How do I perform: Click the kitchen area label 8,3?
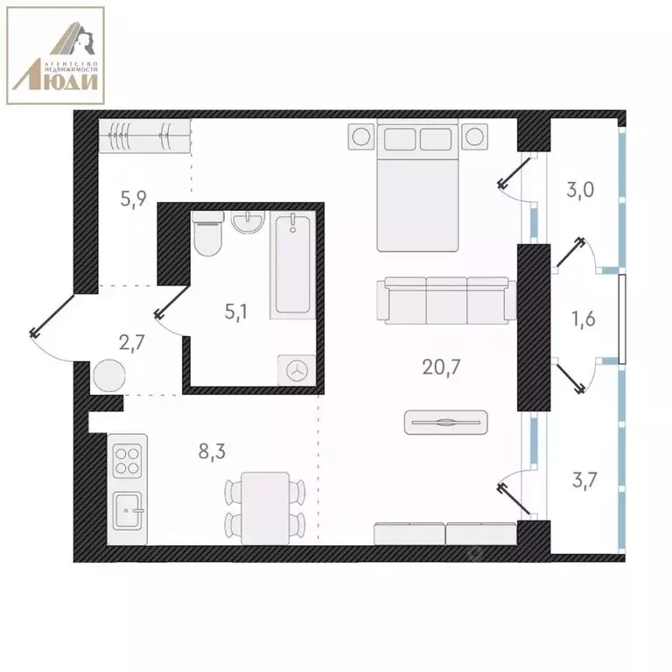pos(213,451)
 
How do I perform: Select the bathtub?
pos(292,265)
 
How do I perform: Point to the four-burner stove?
pos(128,460)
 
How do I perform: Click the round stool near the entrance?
pos(108,377)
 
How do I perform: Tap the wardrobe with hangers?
pos(143,136)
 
